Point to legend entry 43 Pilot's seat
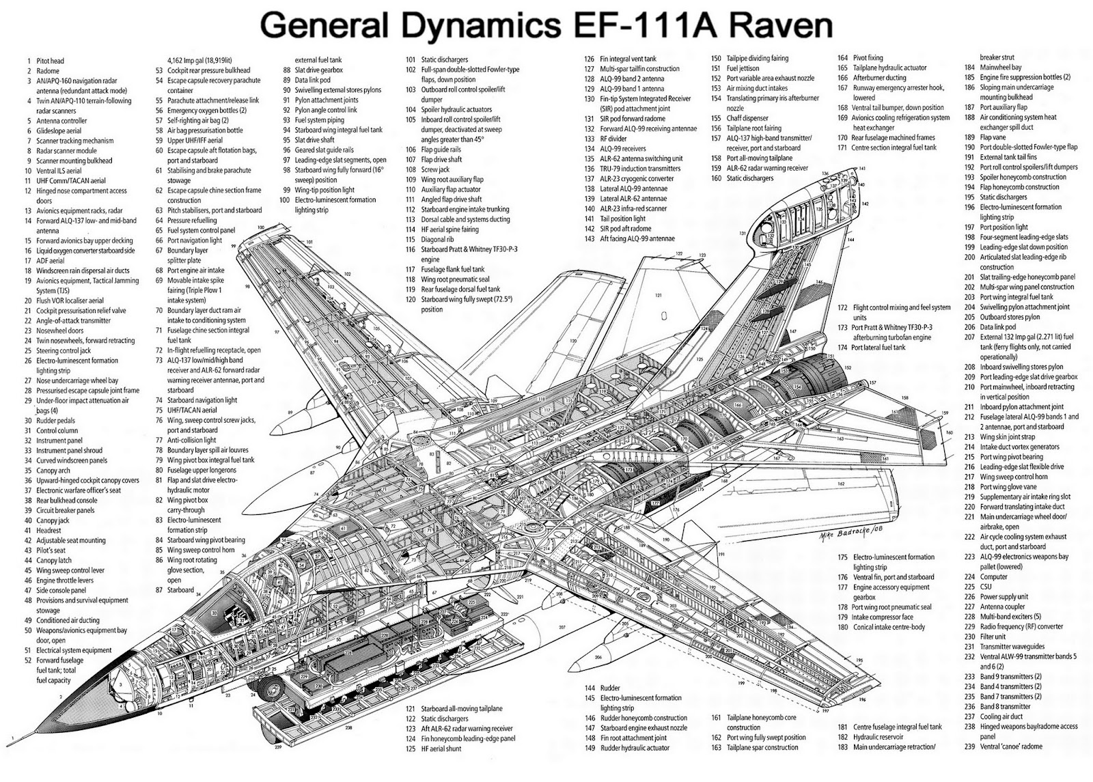51,550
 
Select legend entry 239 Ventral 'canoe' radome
1011,746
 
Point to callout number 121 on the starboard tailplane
658,295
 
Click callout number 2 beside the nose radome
60,696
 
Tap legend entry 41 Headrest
49,531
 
